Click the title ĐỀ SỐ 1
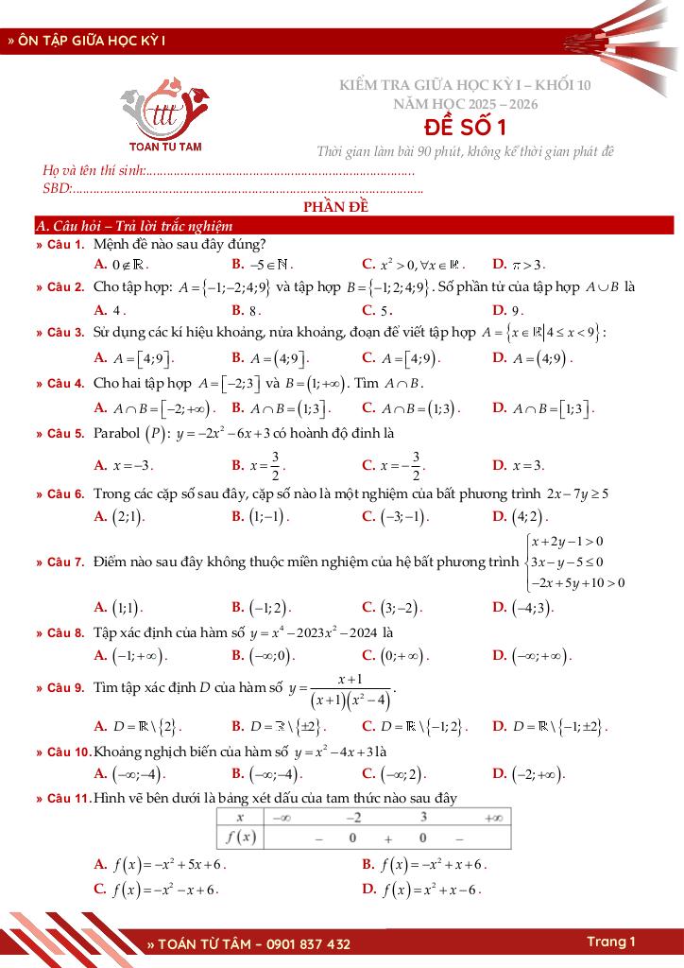pyautogui.click(x=465, y=127)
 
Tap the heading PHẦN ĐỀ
pyautogui.click(x=335, y=208)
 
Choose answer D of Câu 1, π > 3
pyautogui.click(x=520, y=264)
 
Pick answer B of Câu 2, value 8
pyautogui.click(x=247, y=309)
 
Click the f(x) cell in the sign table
pyautogui.click(x=241, y=837)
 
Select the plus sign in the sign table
pyautogui.click(x=387, y=838)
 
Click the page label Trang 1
pyautogui.click(x=610, y=942)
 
